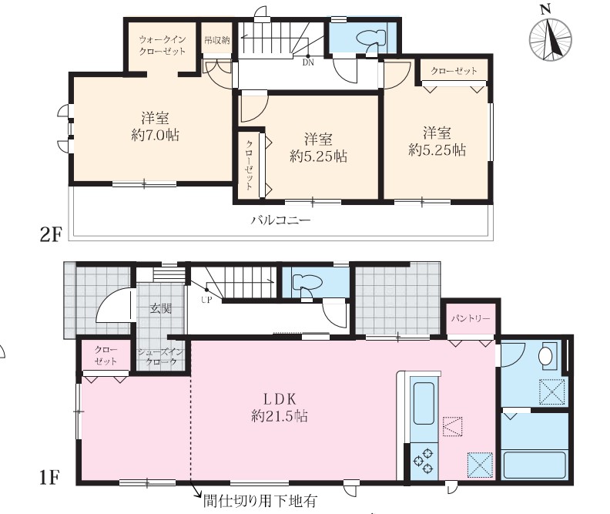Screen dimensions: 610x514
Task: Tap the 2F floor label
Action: (51, 235)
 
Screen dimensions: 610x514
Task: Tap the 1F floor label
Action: (49, 479)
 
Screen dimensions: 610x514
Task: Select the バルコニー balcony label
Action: (280, 220)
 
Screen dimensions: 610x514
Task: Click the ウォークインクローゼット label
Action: (163, 45)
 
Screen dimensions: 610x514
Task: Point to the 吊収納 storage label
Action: (217, 40)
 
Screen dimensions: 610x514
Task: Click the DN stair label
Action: (308, 62)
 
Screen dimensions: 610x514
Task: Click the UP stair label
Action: (206, 301)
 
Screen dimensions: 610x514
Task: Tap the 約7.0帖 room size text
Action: (156, 136)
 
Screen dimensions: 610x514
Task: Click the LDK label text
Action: (280, 399)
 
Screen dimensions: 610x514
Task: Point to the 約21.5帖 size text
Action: (280, 416)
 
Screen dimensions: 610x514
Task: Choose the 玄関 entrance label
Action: (161, 309)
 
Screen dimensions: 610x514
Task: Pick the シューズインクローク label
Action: (160, 357)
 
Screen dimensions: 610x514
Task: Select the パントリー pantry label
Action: (471, 319)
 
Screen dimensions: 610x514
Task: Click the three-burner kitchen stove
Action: (424, 461)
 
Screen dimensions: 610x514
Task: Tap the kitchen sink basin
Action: (424, 403)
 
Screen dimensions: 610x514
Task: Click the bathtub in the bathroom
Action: (535, 465)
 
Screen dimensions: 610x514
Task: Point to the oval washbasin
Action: (546, 355)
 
